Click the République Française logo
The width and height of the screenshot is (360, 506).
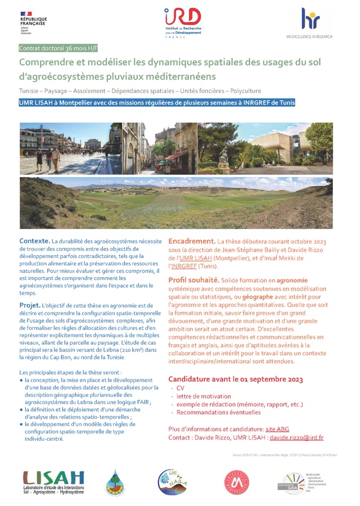[33, 24]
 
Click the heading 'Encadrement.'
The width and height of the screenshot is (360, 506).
[192, 241]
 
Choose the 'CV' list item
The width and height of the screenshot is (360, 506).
[181, 388]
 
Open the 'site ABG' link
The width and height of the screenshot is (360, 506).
[277, 429]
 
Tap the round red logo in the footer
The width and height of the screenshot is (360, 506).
[237, 482]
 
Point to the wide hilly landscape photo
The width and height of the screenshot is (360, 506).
[176, 202]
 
